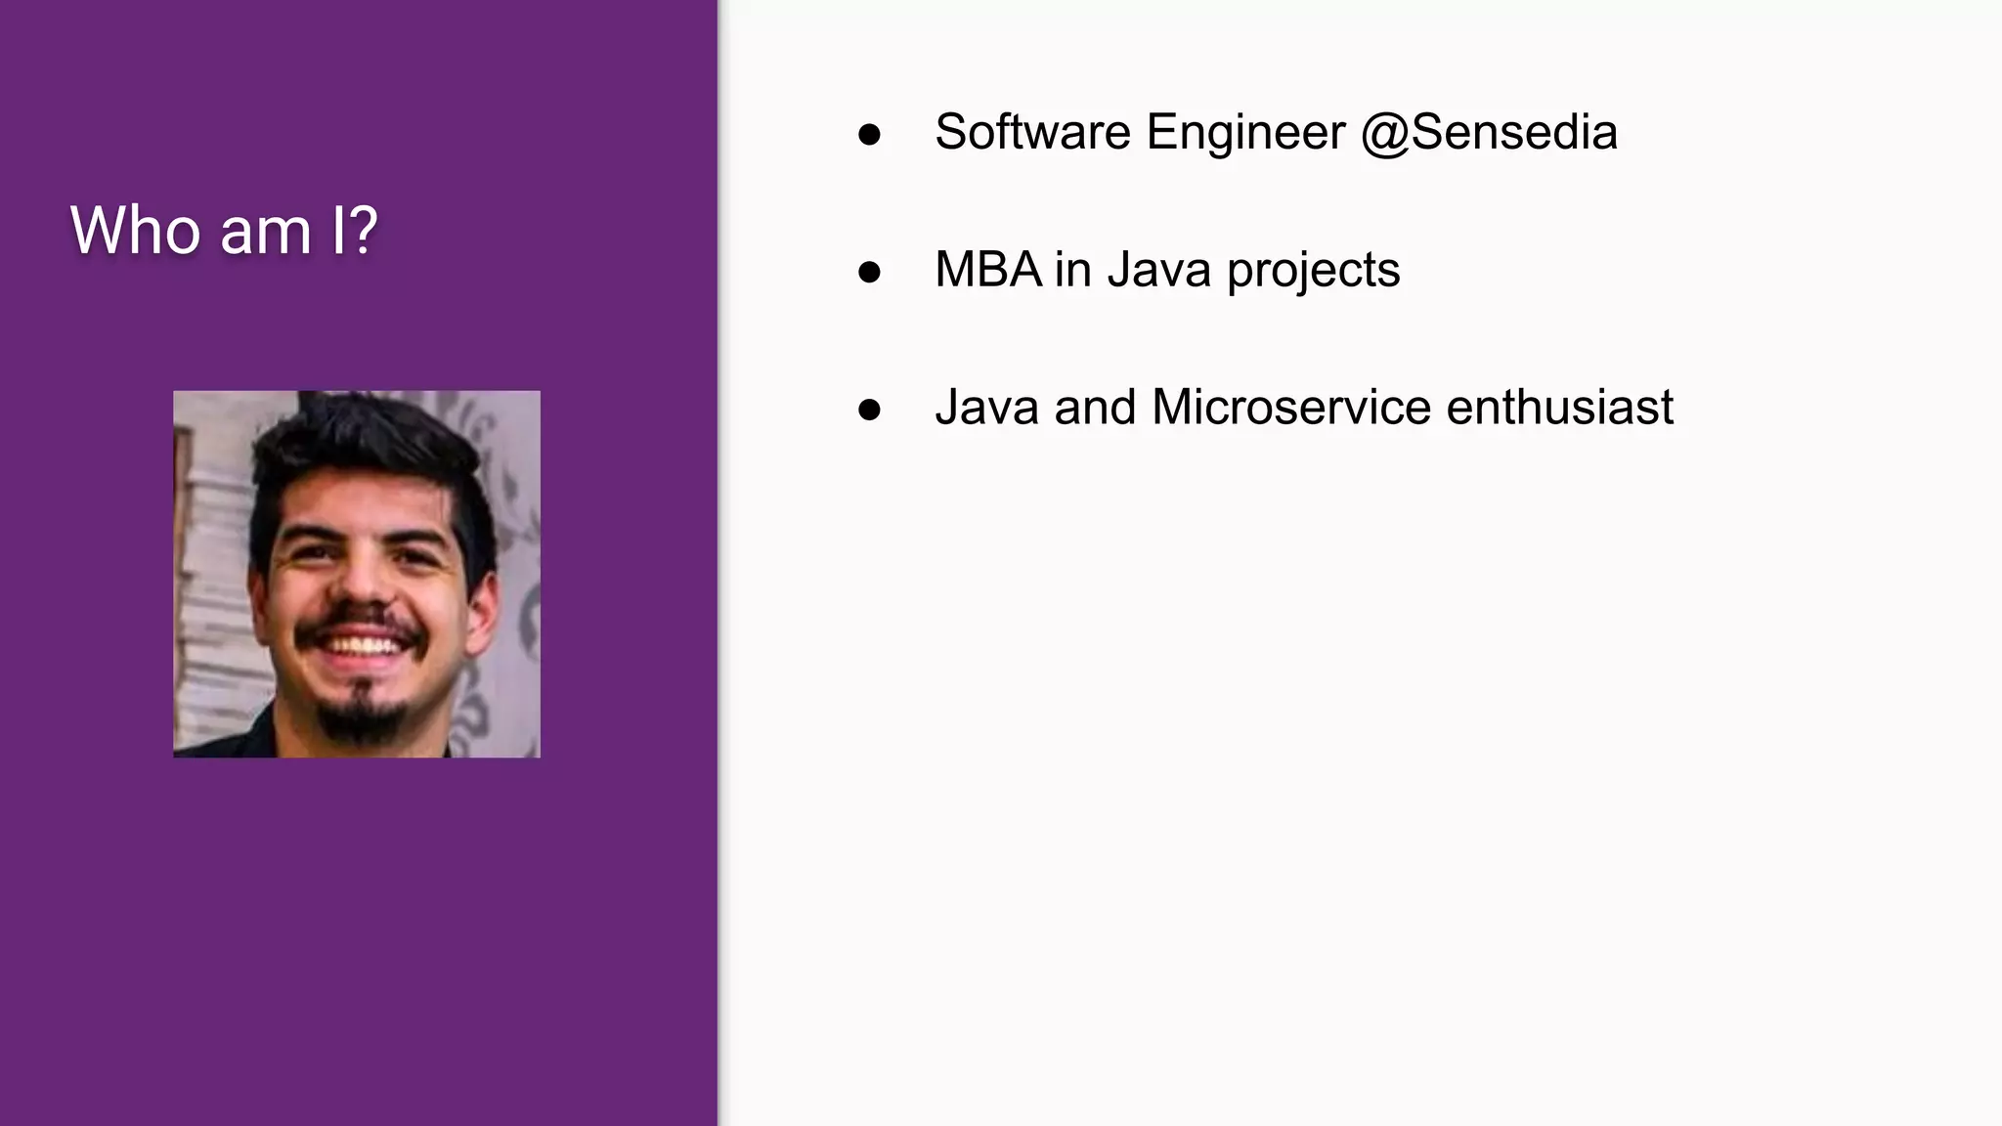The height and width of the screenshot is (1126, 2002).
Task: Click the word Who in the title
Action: coord(137,231)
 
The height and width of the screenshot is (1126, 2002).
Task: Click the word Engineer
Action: coord(1245,132)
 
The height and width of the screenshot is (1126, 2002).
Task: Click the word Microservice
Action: coord(1290,408)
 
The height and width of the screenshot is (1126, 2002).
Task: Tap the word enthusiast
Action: coord(1559,408)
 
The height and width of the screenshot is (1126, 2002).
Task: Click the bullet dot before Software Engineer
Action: coord(869,135)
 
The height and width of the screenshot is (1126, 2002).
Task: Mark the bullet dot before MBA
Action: coord(869,273)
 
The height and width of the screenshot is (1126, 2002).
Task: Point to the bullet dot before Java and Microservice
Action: coord(869,411)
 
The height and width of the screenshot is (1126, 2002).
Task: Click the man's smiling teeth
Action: coord(361,646)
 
